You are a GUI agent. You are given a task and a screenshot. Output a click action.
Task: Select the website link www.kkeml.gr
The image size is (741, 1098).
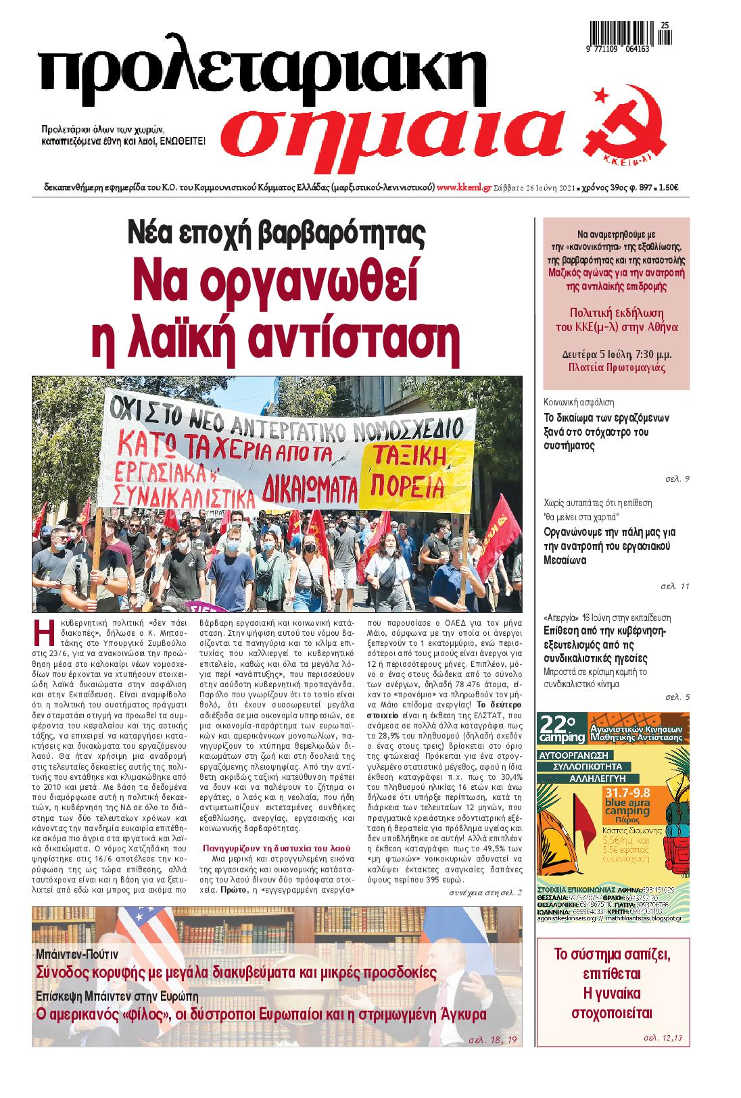pyautogui.click(x=464, y=189)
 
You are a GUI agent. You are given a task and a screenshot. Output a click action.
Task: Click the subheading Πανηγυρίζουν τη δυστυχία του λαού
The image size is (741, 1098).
pyautogui.click(x=277, y=846)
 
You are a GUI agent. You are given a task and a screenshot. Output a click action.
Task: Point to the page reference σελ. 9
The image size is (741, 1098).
pyautogui.click(x=677, y=479)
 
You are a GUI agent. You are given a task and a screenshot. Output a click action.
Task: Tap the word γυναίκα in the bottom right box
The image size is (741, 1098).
pyautogui.click(x=612, y=993)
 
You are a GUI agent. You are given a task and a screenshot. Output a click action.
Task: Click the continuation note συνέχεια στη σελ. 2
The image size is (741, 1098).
pyautogui.click(x=485, y=893)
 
